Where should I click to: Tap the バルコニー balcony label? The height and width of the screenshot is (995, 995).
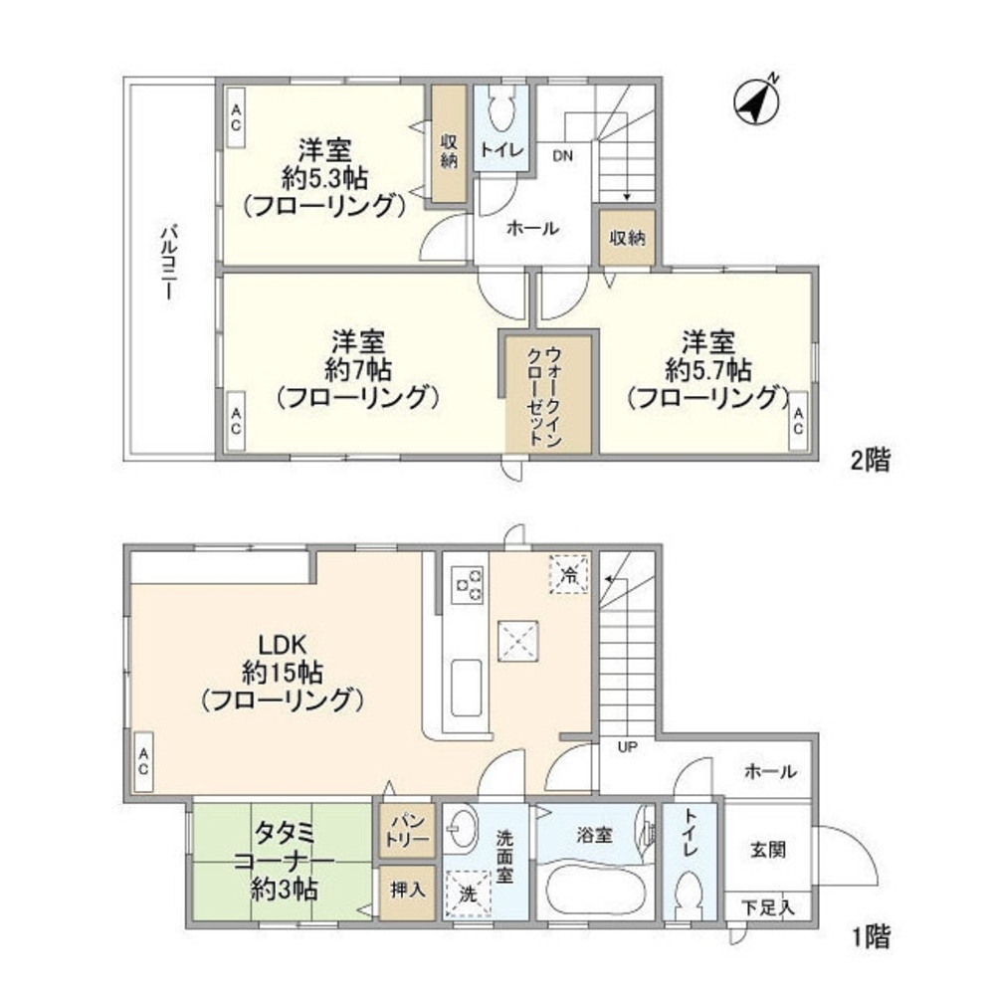[x=168, y=264]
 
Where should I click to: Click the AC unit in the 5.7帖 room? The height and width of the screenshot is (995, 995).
[x=798, y=422]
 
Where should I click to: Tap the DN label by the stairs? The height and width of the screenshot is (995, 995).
[x=562, y=156]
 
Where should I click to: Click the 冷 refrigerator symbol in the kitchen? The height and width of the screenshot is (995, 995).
[x=570, y=573]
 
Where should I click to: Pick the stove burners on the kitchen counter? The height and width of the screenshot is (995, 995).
[x=468, y=585]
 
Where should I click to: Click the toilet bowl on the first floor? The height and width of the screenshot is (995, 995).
[x=690, y=902]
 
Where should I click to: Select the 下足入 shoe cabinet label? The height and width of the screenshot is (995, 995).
[x=771, y=907]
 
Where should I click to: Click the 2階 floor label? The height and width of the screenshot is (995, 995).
[x=869, y=461]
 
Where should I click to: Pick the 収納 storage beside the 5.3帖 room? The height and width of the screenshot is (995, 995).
[x=449, y=146]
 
